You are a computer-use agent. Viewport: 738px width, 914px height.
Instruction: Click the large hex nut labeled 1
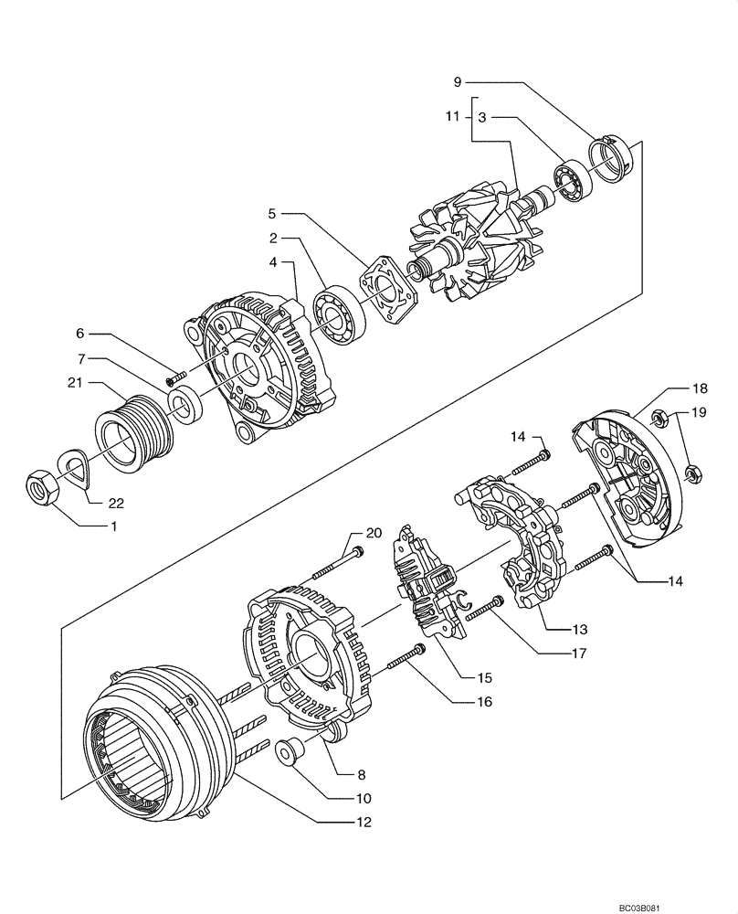[x=43, y=488]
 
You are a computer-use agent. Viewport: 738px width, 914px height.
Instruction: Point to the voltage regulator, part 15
[x=425, y=586]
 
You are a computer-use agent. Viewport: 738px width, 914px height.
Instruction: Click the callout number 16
[x=483, y=702]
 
